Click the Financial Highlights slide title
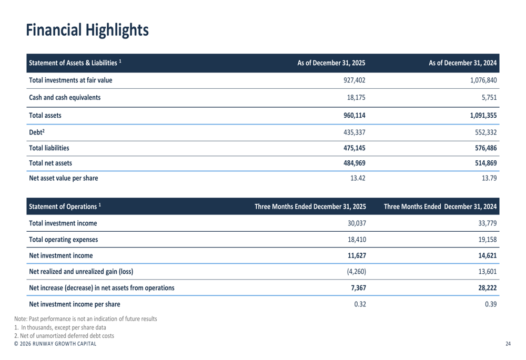pyautogui.click(x=87, y=30)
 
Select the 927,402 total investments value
pyautogui.click(x=354, y=80)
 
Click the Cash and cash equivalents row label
pyautogui.click(x=65, y=97)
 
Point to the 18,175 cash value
pyautogui.click(x=356, y=97)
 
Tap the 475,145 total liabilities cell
pyautogui.click(x=354, y=148)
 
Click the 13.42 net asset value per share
pyautogui.click(x=358, y=178)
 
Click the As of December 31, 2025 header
pyautogui.click(x=331, y=63)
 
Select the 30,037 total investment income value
pyautogui.click(x=357, y=223)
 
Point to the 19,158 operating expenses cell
pyautogui.click(x=488, y=240)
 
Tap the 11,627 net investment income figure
pyautogui.click(x=356, y=256)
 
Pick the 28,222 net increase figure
pyautogui.click(x=487, y=287)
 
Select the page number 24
pyautogui.click(x=508, y=344)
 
